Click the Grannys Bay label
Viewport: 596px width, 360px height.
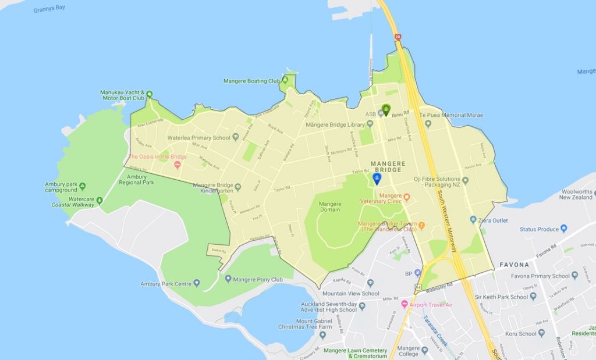click(49, 10)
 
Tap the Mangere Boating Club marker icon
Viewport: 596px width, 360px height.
click(286, 81)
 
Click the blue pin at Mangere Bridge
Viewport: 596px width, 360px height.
click(377, 178)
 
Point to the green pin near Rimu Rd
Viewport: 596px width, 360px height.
click(386, 109)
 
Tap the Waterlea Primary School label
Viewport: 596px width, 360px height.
click(199, 138)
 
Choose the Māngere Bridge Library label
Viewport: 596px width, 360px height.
click(335, 124)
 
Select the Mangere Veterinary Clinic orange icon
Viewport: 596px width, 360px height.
click(407, 196)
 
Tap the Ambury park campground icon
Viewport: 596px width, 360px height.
click(82, 187)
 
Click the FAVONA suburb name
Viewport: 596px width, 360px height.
click(514, 265)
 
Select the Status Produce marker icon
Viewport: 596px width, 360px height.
click(563, 229)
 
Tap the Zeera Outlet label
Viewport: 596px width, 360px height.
click(493, 220)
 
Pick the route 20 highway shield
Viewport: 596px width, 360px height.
click(398, 37)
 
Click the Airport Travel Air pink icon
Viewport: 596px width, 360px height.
click(405, 304)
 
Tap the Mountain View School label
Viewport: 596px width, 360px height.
click(351, 294)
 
